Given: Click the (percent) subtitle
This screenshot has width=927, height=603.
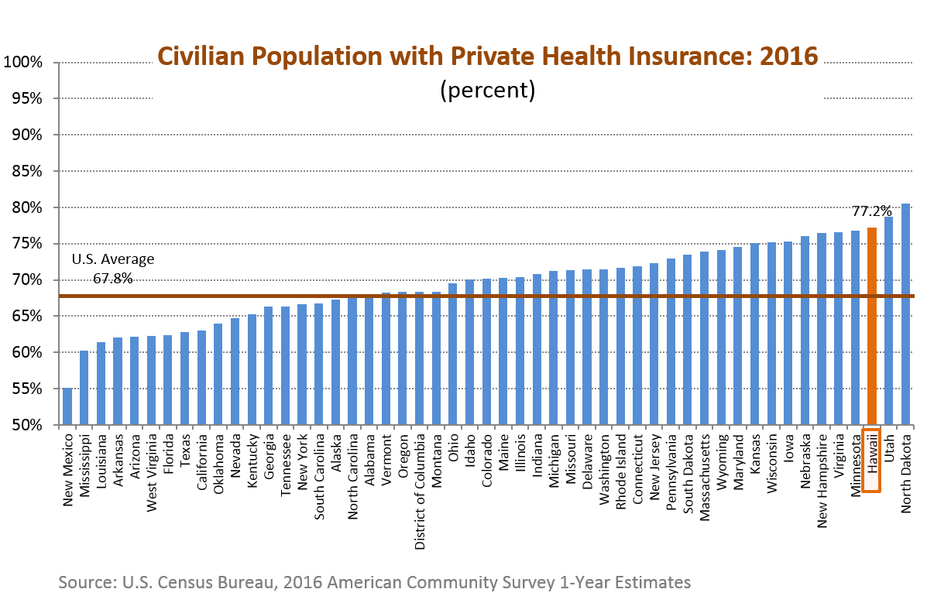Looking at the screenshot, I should point(487,90).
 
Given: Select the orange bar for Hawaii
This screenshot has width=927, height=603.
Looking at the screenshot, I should point(871,326).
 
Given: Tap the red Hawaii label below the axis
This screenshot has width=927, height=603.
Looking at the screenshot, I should point(871,461).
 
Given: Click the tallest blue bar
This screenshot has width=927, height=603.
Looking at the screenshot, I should point(905,314).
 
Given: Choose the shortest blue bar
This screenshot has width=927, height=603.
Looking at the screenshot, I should point(67,406).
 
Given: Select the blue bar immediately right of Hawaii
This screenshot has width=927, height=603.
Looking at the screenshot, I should point(888,320).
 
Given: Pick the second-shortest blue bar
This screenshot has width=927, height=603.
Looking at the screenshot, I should point(84,388).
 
